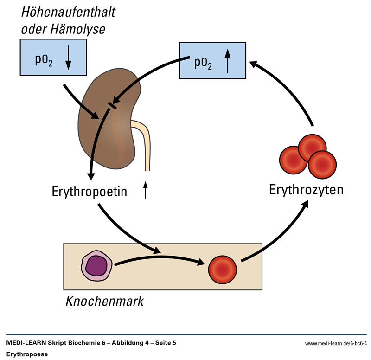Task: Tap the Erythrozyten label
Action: click(307, 189)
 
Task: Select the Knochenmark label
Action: click(105, 301)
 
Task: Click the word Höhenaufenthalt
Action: click(68, 12)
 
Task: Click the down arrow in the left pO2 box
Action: click(68, 58)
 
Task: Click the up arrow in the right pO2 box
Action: click(227, 62)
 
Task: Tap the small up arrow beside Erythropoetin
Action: click(146, 190)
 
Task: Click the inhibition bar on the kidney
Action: click(112, 105)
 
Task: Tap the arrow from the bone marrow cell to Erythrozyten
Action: click(278, 232)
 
